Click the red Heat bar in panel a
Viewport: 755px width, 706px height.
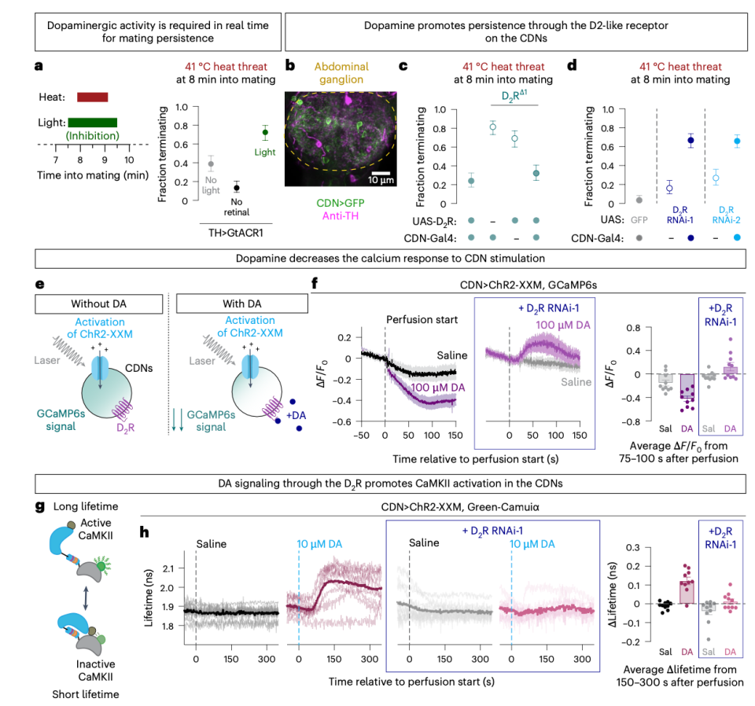click(x=92, y=97)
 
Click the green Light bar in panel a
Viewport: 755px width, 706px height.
click(x=92, y=122)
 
